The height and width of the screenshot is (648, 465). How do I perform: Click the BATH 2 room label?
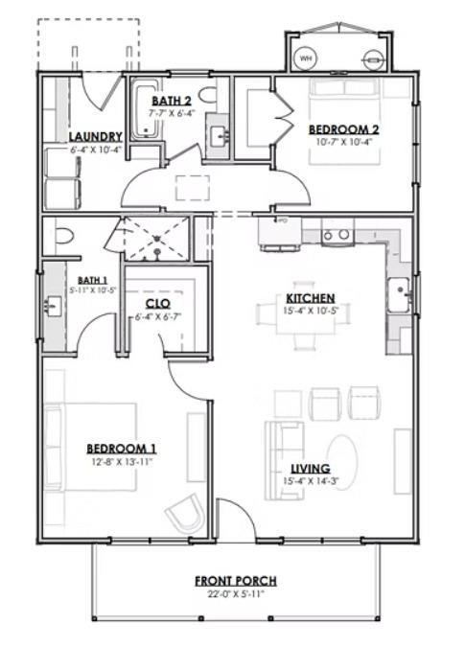(x=173, y=101)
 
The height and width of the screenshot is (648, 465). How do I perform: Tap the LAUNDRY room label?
(x=96, y=137)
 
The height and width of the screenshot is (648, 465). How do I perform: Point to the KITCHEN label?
(x=309, y=298)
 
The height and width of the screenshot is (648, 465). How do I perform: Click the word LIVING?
(x=311, y=469)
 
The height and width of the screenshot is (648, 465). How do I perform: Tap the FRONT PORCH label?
(x=236, y=581)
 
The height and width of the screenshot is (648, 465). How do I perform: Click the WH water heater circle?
(x=307, y=58)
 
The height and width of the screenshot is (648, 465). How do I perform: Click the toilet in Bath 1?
(x=62, y=236)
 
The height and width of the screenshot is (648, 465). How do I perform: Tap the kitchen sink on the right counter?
(x=397, y=289)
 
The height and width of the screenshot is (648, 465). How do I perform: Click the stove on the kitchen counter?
(x=337, y=233)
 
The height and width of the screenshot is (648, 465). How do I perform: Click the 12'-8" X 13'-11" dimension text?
(x=122, y=462)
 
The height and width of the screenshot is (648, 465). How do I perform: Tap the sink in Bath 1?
(x=52, y=307)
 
